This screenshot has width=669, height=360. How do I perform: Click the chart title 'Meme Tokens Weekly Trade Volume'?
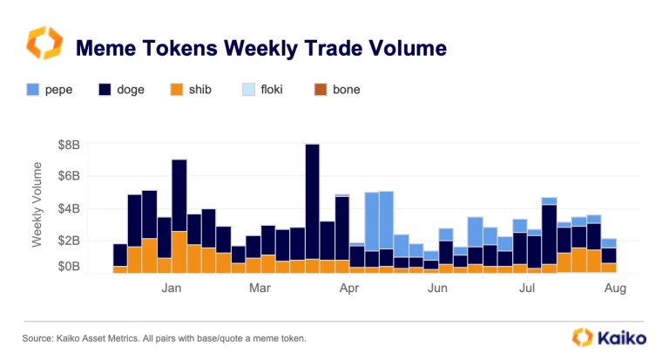261,47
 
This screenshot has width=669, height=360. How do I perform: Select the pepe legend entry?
51,90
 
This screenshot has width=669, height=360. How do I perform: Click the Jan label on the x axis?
172,287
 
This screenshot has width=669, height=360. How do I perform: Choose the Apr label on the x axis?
350,287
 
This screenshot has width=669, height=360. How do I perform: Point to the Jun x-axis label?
438,287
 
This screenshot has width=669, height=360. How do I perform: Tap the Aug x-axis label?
615,287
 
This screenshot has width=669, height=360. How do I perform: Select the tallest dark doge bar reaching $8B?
312,200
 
